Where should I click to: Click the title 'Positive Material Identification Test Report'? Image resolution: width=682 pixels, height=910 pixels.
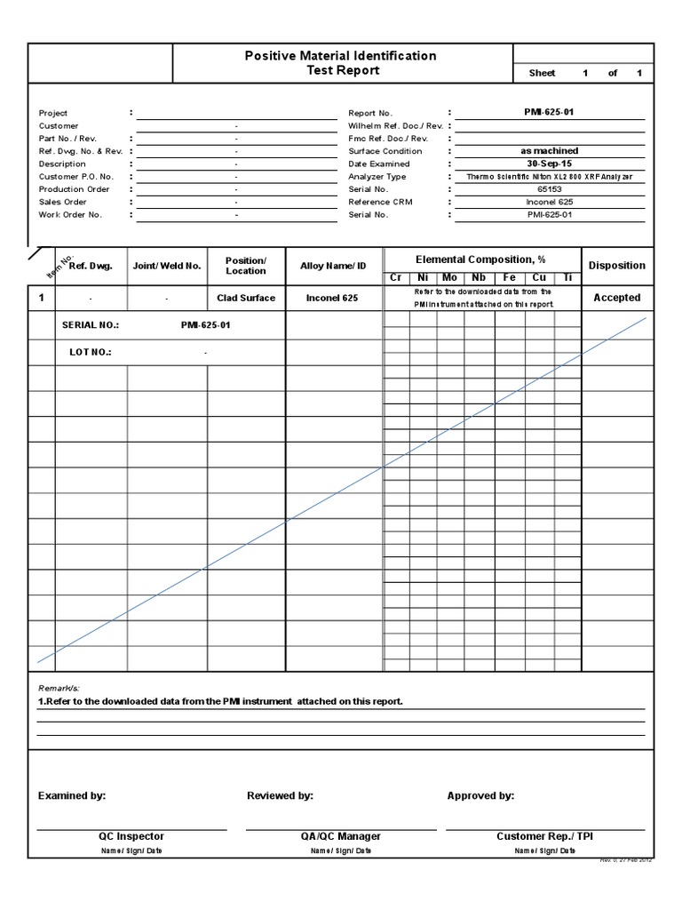(x=341, y=63)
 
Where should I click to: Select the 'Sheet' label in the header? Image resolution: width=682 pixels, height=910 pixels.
(x=542, y=73)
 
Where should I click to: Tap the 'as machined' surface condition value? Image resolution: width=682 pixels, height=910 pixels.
(x=550, y=151)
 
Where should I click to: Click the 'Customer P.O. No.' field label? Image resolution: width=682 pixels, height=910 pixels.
(x=76, y=177)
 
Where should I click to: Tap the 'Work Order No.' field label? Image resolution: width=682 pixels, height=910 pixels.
(x=70, y=215)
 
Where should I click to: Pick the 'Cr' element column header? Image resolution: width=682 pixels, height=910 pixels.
(x=396, y=278)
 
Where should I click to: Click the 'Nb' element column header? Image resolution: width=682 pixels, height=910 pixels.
(x=479, y=278)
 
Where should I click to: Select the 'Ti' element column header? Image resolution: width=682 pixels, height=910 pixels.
(x=566, y=278)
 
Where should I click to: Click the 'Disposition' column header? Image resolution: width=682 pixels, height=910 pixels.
(x=616, y=266)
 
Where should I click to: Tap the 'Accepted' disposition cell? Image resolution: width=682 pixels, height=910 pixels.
(x=616, y=299)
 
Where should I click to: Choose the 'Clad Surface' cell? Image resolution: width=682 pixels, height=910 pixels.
(x=246, y=299)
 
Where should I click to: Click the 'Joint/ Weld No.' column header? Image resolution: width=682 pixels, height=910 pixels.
(x=167, y=266)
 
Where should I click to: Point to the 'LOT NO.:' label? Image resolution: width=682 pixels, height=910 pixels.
(x=91, y=353)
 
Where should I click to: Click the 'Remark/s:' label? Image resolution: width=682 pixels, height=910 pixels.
(x=59, y=689)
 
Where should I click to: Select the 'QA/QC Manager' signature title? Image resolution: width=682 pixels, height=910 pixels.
(x=341, y=836)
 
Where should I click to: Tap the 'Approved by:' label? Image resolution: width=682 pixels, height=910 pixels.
(x=480, y=796)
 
